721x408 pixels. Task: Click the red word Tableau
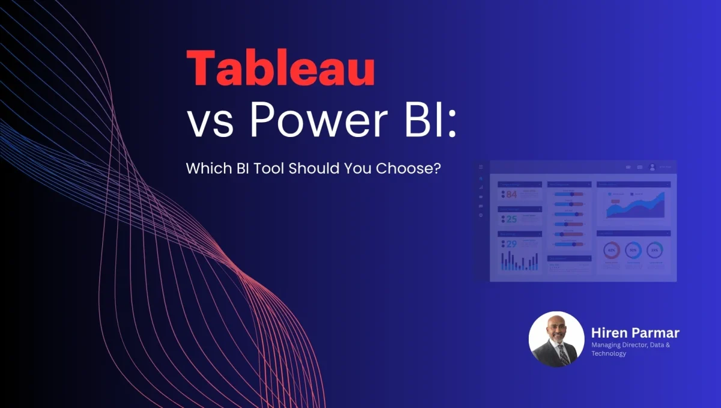point(281,69)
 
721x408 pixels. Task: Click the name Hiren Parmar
point(635,332)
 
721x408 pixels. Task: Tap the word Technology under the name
point(609,353)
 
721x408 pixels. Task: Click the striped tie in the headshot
point(564,355)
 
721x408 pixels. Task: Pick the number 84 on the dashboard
point(511,194)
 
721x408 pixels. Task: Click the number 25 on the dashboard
point(511,219)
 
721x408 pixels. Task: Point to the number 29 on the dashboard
point(511,245)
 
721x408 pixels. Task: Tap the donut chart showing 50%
point(633,250)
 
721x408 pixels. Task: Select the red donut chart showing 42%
point(612,250)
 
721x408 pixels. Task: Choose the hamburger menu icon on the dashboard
point(481,166)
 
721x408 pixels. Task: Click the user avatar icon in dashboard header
point(652,167)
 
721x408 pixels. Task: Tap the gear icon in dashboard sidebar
point(481,215)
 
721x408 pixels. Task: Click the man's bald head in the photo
point(556,321)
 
